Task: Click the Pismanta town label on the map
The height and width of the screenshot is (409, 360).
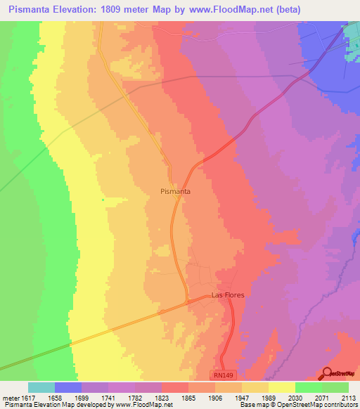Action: pos(176,190)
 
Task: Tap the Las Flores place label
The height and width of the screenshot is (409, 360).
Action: pos(229,295)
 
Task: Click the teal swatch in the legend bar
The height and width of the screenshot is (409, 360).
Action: pos(41,387)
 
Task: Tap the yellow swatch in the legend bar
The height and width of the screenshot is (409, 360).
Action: pos(281,387)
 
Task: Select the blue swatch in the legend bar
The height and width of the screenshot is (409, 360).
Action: pos(67,387)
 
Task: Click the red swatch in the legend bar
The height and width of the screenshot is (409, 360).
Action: pos(174,387)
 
